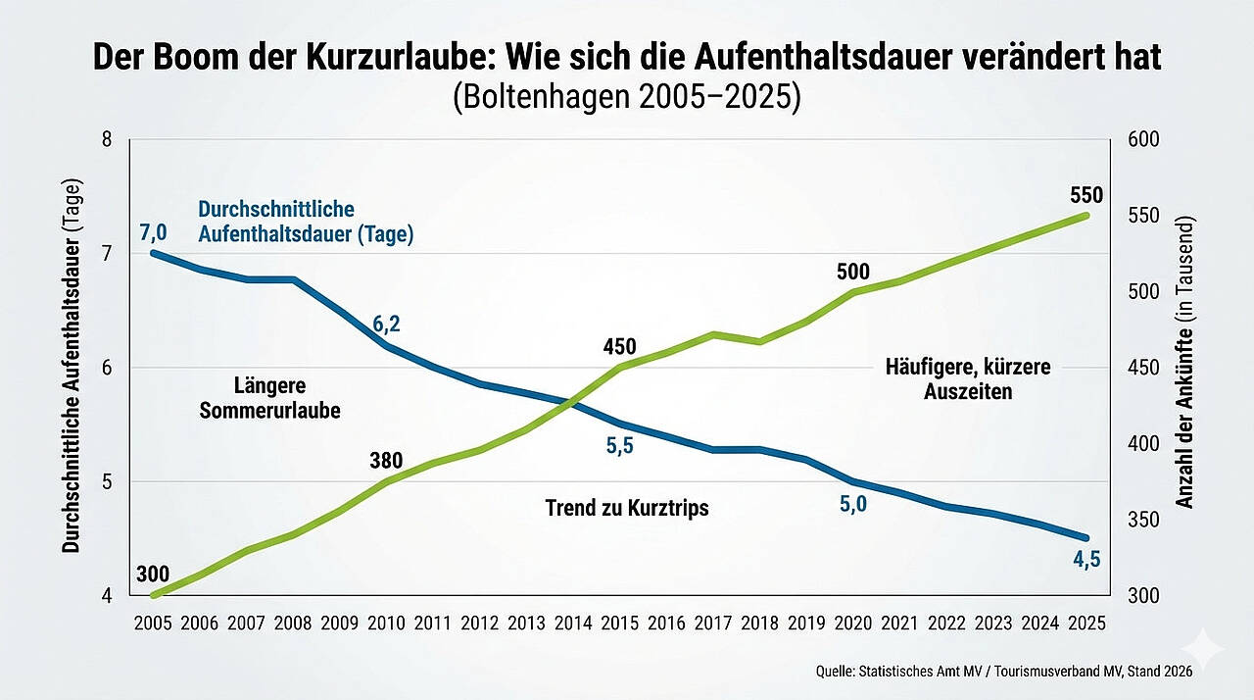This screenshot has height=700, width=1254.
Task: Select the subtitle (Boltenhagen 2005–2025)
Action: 627,99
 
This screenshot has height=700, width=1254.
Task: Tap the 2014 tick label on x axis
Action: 573,623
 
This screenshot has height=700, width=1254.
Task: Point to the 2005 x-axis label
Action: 153,623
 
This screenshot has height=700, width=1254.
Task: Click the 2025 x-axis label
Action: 1086,623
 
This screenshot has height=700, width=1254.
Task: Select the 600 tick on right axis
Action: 1143,139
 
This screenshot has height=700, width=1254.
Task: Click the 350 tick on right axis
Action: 1143,520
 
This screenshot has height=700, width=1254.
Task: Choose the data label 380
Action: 387,459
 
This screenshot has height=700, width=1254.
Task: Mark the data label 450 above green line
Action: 619,346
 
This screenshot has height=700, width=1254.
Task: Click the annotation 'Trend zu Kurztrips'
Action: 626,508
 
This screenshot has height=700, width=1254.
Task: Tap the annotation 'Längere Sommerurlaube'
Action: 269,397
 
